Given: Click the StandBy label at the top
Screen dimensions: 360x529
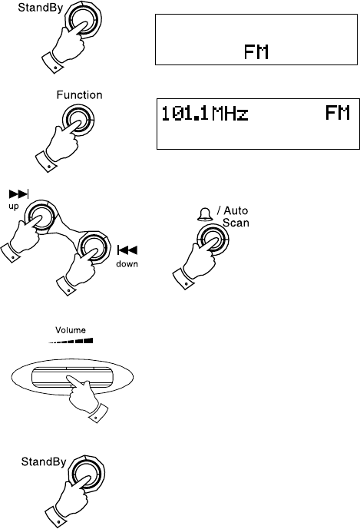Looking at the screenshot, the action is point(40,8).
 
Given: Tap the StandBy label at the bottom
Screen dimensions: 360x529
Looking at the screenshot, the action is point(44,461).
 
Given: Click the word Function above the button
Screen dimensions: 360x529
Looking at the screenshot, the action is point(79,94).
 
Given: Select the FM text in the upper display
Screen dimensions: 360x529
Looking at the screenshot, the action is point(256,52).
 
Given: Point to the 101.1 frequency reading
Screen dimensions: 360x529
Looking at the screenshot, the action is point(184,114).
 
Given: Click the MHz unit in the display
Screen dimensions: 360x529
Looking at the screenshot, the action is point(230,114).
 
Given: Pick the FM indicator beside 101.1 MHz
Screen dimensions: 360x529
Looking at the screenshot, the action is point(338,113).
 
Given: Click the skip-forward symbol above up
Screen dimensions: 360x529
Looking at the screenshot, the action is point(19,194).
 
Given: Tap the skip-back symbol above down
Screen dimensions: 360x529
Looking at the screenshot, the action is point(127,250).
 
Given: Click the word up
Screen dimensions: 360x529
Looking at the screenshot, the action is point(14,206).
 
